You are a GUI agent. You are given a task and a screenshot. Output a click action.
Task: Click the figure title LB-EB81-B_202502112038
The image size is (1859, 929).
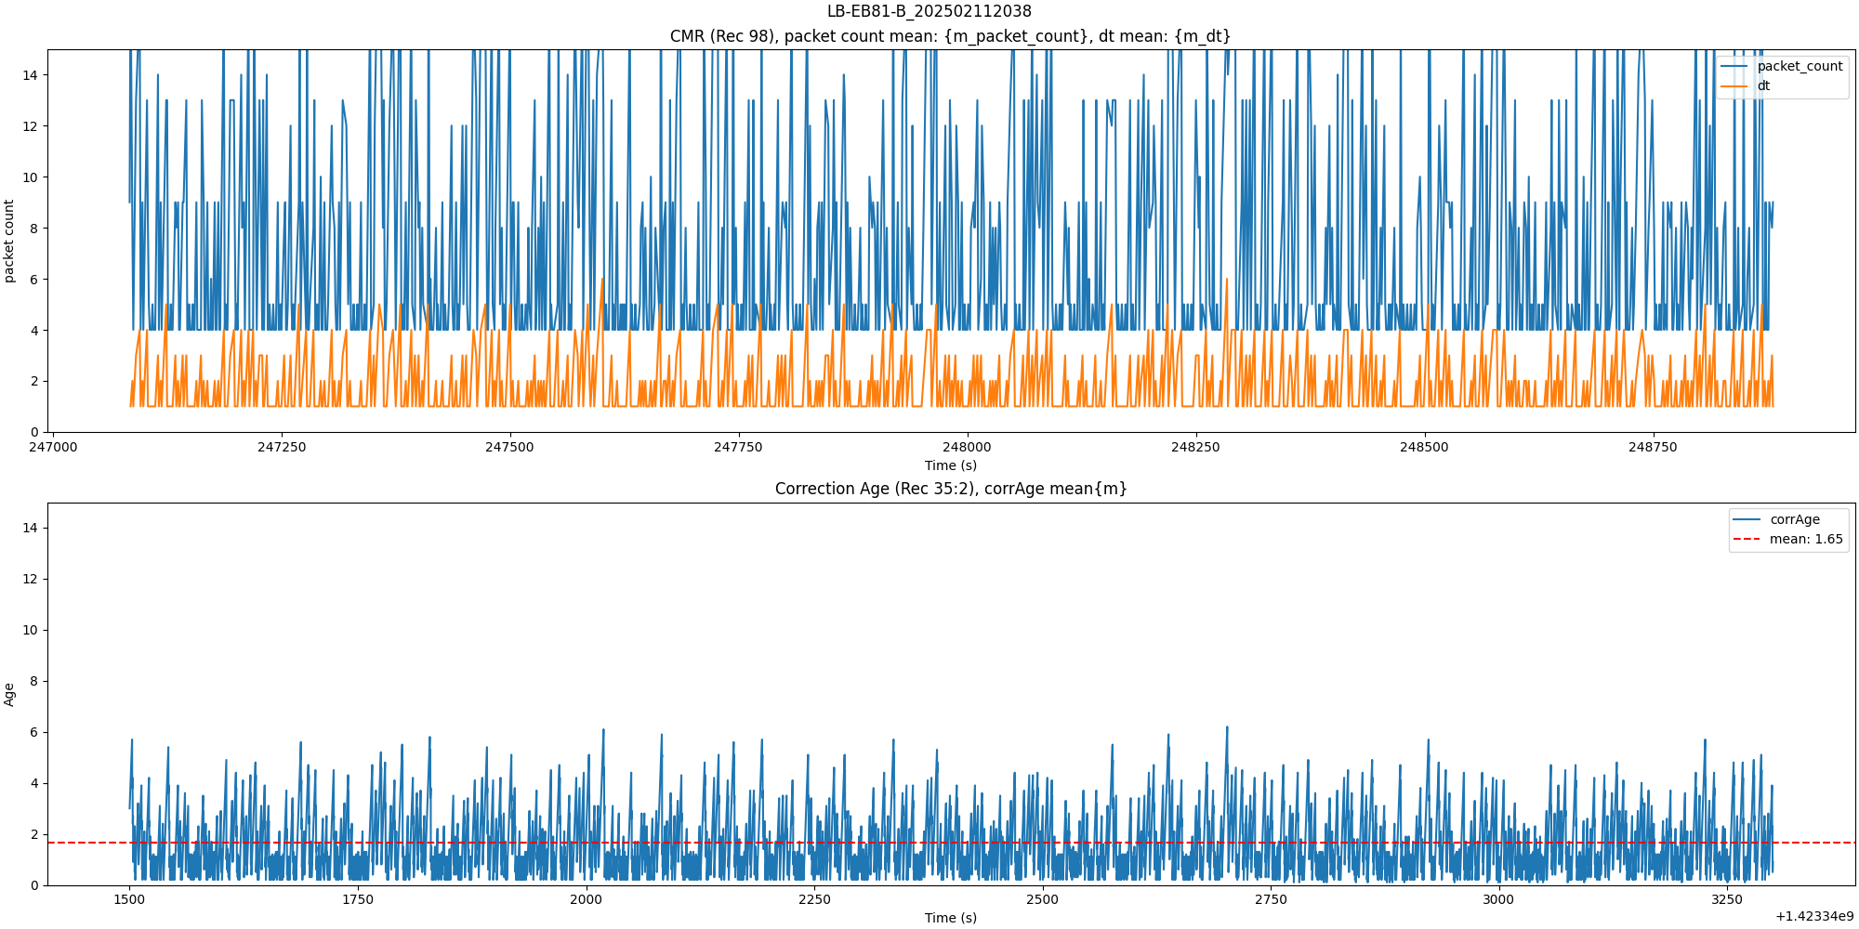point(929,11)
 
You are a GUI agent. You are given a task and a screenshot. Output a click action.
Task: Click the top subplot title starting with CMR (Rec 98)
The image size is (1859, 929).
point(950,36)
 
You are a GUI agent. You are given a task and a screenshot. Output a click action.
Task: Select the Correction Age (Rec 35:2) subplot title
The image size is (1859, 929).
point(950,489)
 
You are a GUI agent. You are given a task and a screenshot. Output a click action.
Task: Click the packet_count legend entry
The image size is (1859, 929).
point(1799,66)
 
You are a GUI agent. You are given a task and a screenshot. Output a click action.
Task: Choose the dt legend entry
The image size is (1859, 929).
point(1762,86)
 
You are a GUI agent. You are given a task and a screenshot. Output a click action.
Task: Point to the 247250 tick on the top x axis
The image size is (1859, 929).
point(281,447)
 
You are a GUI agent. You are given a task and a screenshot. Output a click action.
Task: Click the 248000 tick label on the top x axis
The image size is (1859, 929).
point(967,447)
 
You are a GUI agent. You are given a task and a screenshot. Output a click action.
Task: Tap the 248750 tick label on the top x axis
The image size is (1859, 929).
point(1653,447)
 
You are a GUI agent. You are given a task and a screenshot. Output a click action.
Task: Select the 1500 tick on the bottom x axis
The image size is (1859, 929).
point(129,899)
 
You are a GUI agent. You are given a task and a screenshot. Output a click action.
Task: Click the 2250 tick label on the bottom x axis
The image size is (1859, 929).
point(814,899)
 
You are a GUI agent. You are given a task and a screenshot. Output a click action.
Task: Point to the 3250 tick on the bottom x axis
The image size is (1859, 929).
point(1727,899)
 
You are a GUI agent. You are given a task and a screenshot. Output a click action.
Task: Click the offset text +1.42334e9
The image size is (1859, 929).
point(1813,917)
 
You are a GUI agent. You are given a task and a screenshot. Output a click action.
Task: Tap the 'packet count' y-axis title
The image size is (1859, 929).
point(9,241)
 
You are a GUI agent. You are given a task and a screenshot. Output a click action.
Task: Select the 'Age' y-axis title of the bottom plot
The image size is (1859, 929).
point(9,694)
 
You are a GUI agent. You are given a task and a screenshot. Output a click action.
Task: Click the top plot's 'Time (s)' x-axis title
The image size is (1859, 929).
point(950,465)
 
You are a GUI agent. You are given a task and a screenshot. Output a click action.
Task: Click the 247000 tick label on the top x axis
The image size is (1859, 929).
point(53,447)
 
